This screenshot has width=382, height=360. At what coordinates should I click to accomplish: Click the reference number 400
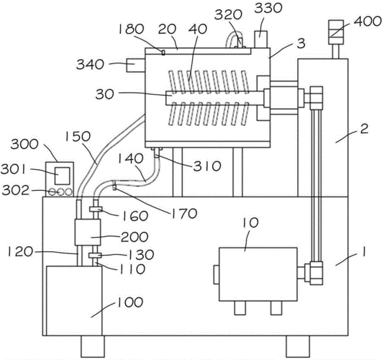[x=367, y=22]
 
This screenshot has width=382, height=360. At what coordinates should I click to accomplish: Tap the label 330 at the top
[x=268, y=9]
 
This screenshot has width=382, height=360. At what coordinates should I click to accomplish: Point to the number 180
[x=131, y=30]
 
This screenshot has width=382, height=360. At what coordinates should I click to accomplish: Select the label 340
[x=90, y=65]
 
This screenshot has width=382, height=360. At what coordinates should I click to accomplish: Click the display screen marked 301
[x=62, y=176]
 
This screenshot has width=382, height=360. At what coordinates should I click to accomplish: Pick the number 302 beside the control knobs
[x=15, y=191]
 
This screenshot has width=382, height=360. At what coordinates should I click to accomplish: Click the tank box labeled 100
[x=74, y=301]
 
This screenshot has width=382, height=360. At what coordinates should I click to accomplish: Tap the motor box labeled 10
[x=258, y=274]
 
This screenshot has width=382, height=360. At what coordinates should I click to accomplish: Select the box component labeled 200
[x=88, y=232]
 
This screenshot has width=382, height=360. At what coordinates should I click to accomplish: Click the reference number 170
[x=184, y=214]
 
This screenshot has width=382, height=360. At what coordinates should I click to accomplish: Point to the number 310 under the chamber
[x=207, y=166]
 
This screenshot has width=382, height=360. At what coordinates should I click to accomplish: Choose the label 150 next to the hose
[x=78, y=137]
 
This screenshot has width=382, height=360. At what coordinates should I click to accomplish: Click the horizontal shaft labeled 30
[x=214, y=98]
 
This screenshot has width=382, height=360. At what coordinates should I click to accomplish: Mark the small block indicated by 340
[x=136, y=66]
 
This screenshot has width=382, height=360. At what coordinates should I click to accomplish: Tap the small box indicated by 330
[x=261, y=40]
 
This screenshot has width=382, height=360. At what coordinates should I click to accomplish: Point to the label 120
[x=20, y=252]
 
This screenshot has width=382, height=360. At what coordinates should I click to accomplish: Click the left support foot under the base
[x=93, y=346]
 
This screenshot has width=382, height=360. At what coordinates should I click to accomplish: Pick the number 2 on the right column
[x=364, y=129]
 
